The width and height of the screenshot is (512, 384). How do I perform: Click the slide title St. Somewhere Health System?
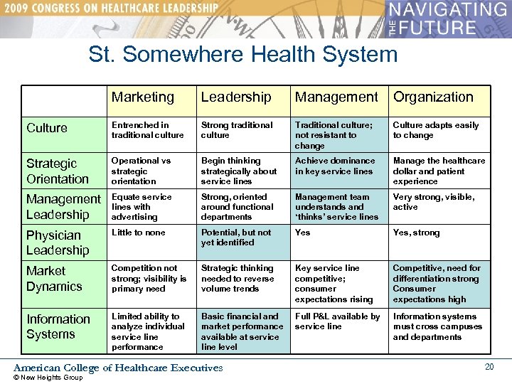pyautogui.click(x=243, y=55)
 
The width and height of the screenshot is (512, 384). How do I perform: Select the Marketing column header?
pyautogui.click(x=143, y=97)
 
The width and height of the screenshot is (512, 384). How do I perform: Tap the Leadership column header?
pyautogui.click(x=236, y=97)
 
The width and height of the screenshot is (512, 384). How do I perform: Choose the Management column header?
pyautogui.click(x=336, y=97)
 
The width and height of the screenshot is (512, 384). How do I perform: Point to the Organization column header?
pyautogui.click(x=433, y=97)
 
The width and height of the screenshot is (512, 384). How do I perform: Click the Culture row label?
pyautogui.click(x=47, y=128)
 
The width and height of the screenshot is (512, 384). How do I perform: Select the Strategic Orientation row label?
pyautogui.click(x=58, y=171)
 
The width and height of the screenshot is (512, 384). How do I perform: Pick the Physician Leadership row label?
pyautogui.click(x=58, y=242)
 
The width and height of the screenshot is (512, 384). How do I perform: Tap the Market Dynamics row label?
pyautogui.click(x=54, y=279)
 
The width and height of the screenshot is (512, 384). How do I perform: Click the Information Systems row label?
pyautogui.click(x=58, y=326)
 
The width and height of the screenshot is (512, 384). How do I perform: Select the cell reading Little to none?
pyautogui.click(x=138, y=233)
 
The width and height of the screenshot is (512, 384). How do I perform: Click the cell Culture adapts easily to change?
pyautogui.click(x=436, y=130)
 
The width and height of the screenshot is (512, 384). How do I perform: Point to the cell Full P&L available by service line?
pyautogui.click(x=338, y=321)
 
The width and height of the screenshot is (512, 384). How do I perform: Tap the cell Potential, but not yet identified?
pyautogui.click(x=236, y=238)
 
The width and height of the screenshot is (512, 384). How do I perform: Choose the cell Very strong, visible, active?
pyautogui.click(x=434, y=202)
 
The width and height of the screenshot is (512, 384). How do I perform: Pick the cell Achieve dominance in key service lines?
pyautogui.click(x=335, y=166)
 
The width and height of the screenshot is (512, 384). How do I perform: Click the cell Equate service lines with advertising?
pyautogui.click(x=142, y=207)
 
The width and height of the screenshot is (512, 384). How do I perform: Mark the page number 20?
pyautogui.click(x=489, y=366)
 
